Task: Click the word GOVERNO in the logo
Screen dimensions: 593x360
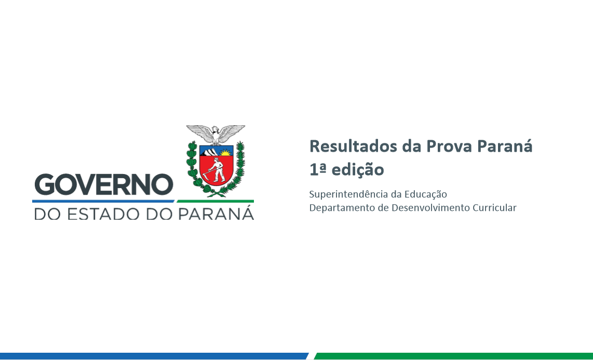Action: [104, 184]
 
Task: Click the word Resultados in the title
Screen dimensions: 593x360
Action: [353, 146]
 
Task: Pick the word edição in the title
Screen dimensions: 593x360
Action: [358, 170]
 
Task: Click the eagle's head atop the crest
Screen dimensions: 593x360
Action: [215, 130]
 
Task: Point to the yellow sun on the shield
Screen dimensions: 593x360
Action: [226, 153]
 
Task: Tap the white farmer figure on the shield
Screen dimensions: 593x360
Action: [215, 170]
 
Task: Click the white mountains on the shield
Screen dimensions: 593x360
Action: [210, 152]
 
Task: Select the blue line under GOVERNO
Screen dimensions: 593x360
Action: [103, 201]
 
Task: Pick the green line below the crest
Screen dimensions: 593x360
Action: [215, 201]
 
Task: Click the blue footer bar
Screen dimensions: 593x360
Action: [154, 356]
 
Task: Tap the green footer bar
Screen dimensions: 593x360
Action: [453, 356]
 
